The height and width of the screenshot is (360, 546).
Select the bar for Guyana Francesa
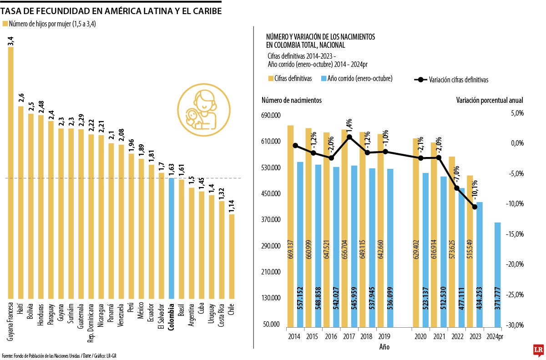pos(11,173)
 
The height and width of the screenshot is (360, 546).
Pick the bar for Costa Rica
pos(222,250)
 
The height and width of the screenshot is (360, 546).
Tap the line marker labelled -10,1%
pos(475,207)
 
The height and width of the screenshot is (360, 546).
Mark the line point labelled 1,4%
pos(349,137)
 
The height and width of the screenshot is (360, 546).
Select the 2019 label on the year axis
pos(383,337)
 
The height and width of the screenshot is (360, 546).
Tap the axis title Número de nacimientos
pos(291,100)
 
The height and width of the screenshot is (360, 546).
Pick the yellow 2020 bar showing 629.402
pos(416,232)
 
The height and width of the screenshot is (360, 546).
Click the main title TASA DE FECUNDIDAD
pos(111,10)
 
